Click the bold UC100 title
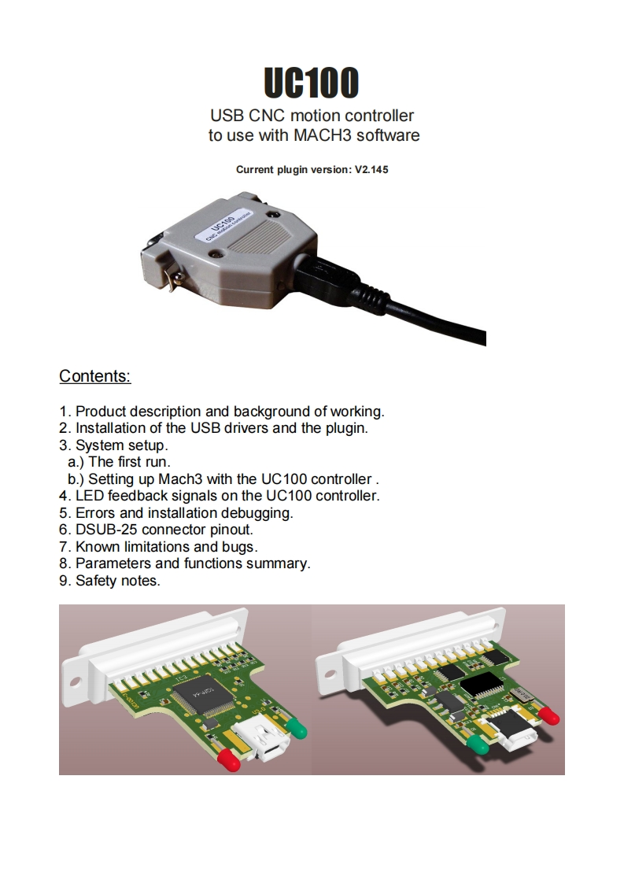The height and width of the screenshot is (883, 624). click(x=312, y=82)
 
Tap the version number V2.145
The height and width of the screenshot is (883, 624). click(x=371, y=169)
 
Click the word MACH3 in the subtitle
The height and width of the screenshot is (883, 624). click(x=323, y=135)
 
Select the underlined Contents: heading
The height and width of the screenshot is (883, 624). click(x=95, y=376)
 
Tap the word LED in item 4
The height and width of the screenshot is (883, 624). click(x=89, y=496)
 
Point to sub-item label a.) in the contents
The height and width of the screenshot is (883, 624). click(x=76, y=462)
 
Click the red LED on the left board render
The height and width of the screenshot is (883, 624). click(x=228, y=759)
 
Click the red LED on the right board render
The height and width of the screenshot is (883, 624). click(x=549, y=715)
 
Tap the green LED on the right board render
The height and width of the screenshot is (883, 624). click(x=479, y=745)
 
